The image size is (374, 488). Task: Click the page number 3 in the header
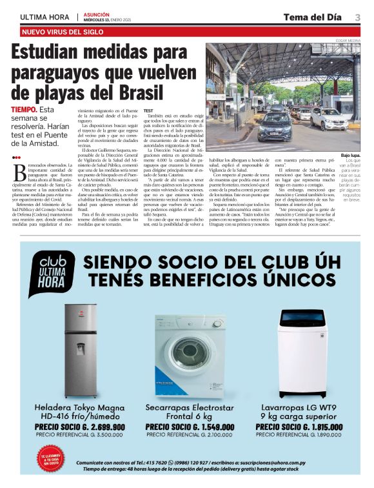(357, 17)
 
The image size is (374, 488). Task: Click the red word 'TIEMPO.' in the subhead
(25, 110)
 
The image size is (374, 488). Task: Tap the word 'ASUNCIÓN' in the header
(96, 13)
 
